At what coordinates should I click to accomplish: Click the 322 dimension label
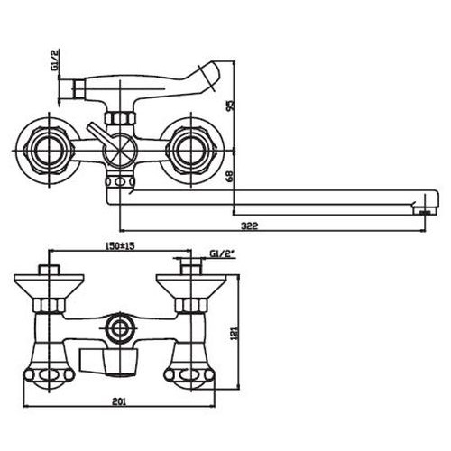click(250, 225)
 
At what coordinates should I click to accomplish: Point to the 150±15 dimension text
click(119, 246)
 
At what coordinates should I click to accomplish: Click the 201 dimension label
click(119, 401)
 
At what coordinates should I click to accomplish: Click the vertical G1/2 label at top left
click(55, 60)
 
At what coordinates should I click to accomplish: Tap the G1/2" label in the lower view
click(222, 254)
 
